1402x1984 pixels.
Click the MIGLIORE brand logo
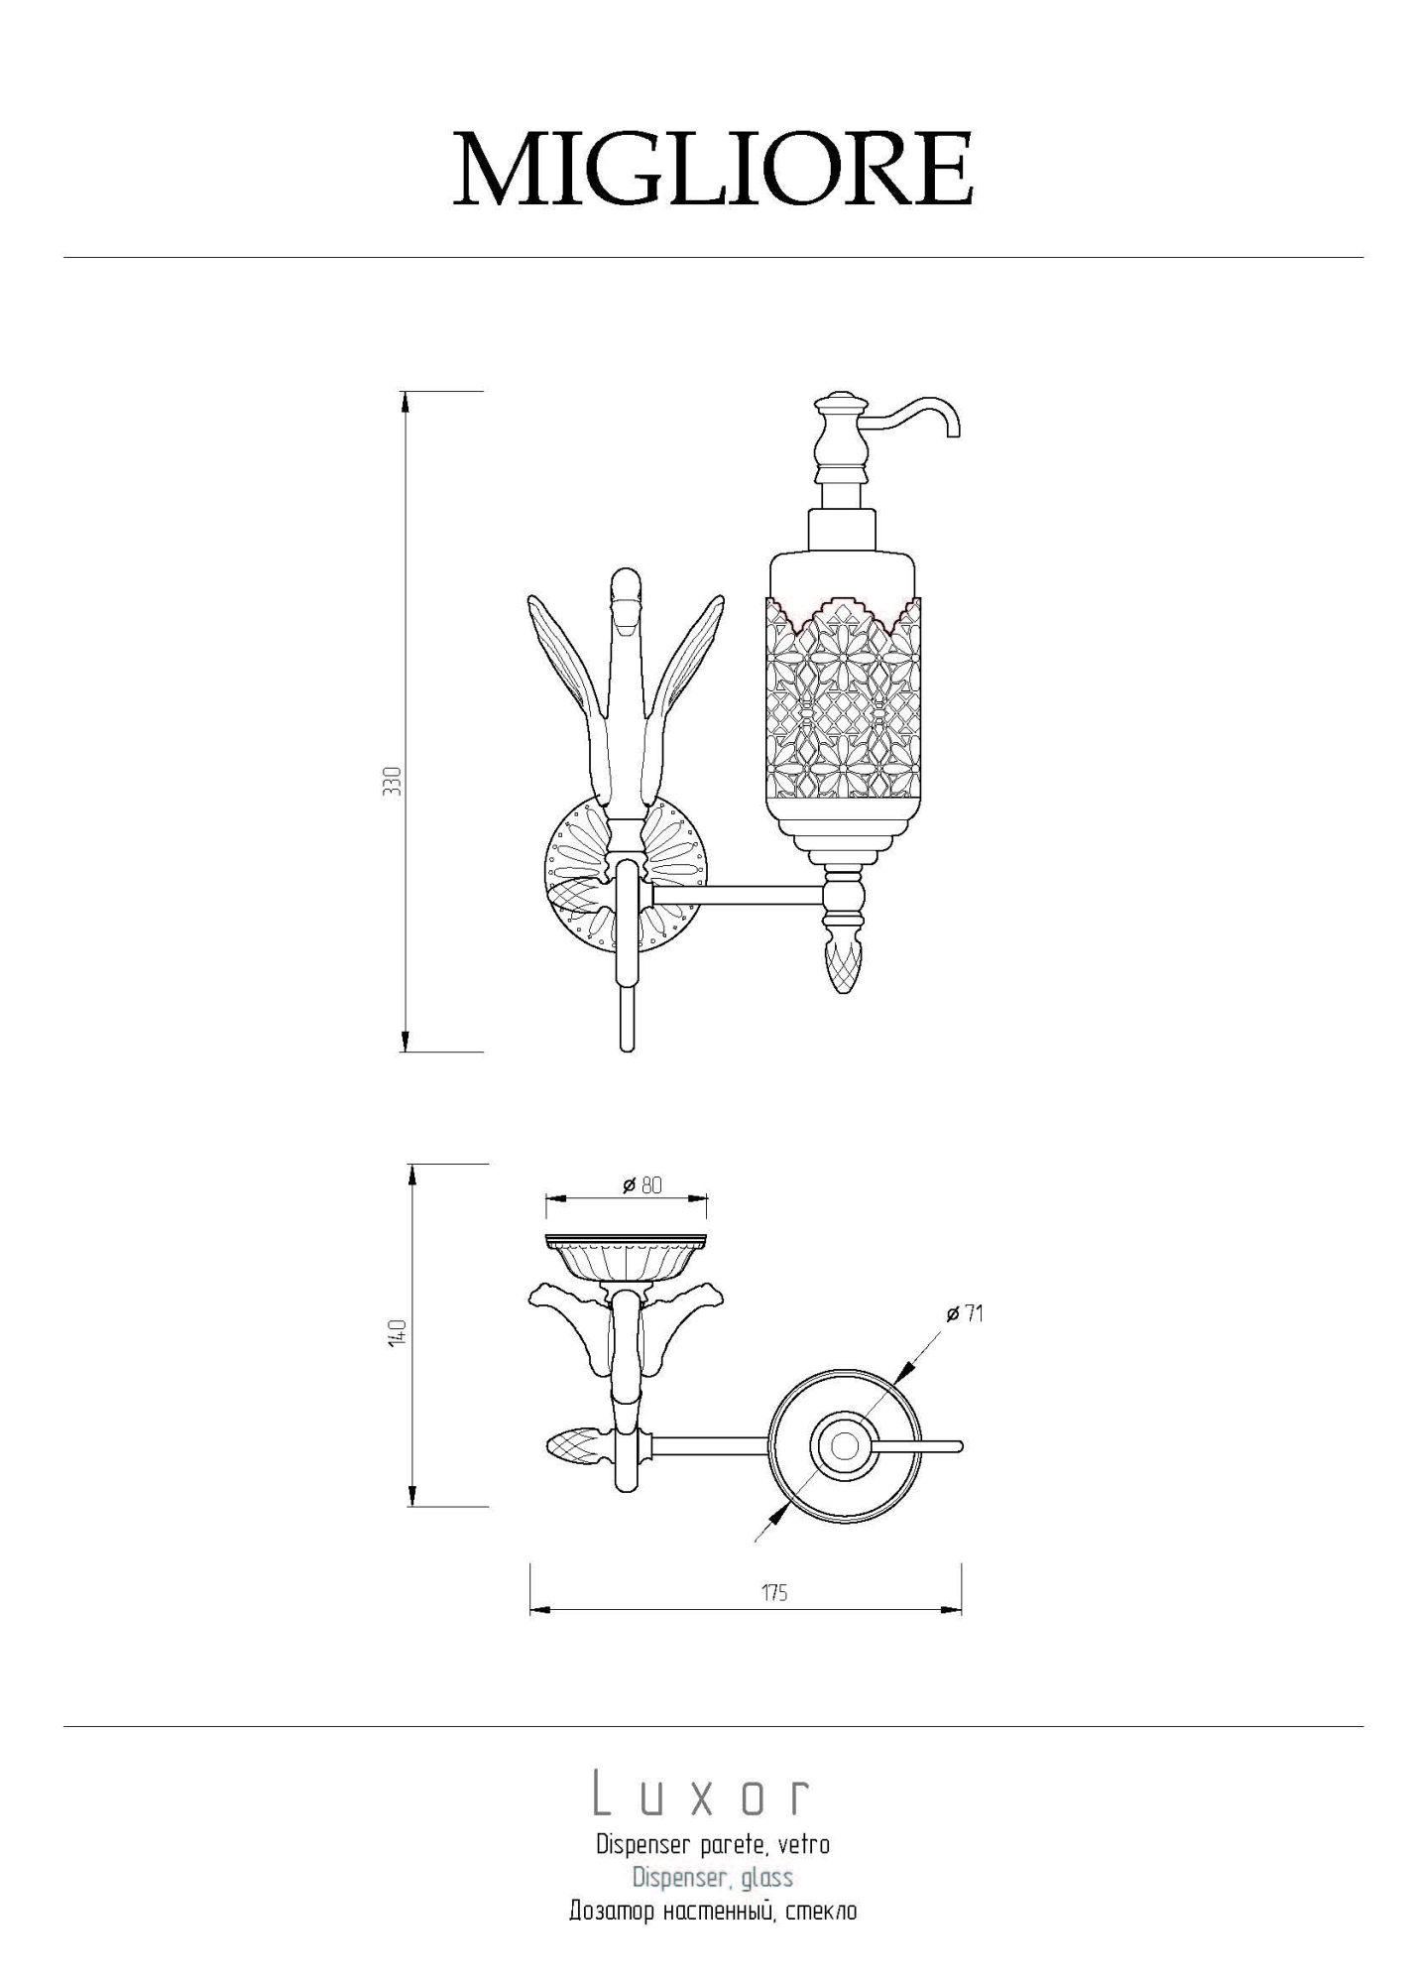tap(713, 168)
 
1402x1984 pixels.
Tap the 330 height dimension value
tap(393, 782)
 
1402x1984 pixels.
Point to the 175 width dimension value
tap(774, 1592)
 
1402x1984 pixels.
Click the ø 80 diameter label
tap(643, 1185)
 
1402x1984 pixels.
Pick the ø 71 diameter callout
tap(965, 1313)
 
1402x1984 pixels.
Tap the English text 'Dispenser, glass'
tap(713, 1877)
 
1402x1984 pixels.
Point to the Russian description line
tap(713, 1911)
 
